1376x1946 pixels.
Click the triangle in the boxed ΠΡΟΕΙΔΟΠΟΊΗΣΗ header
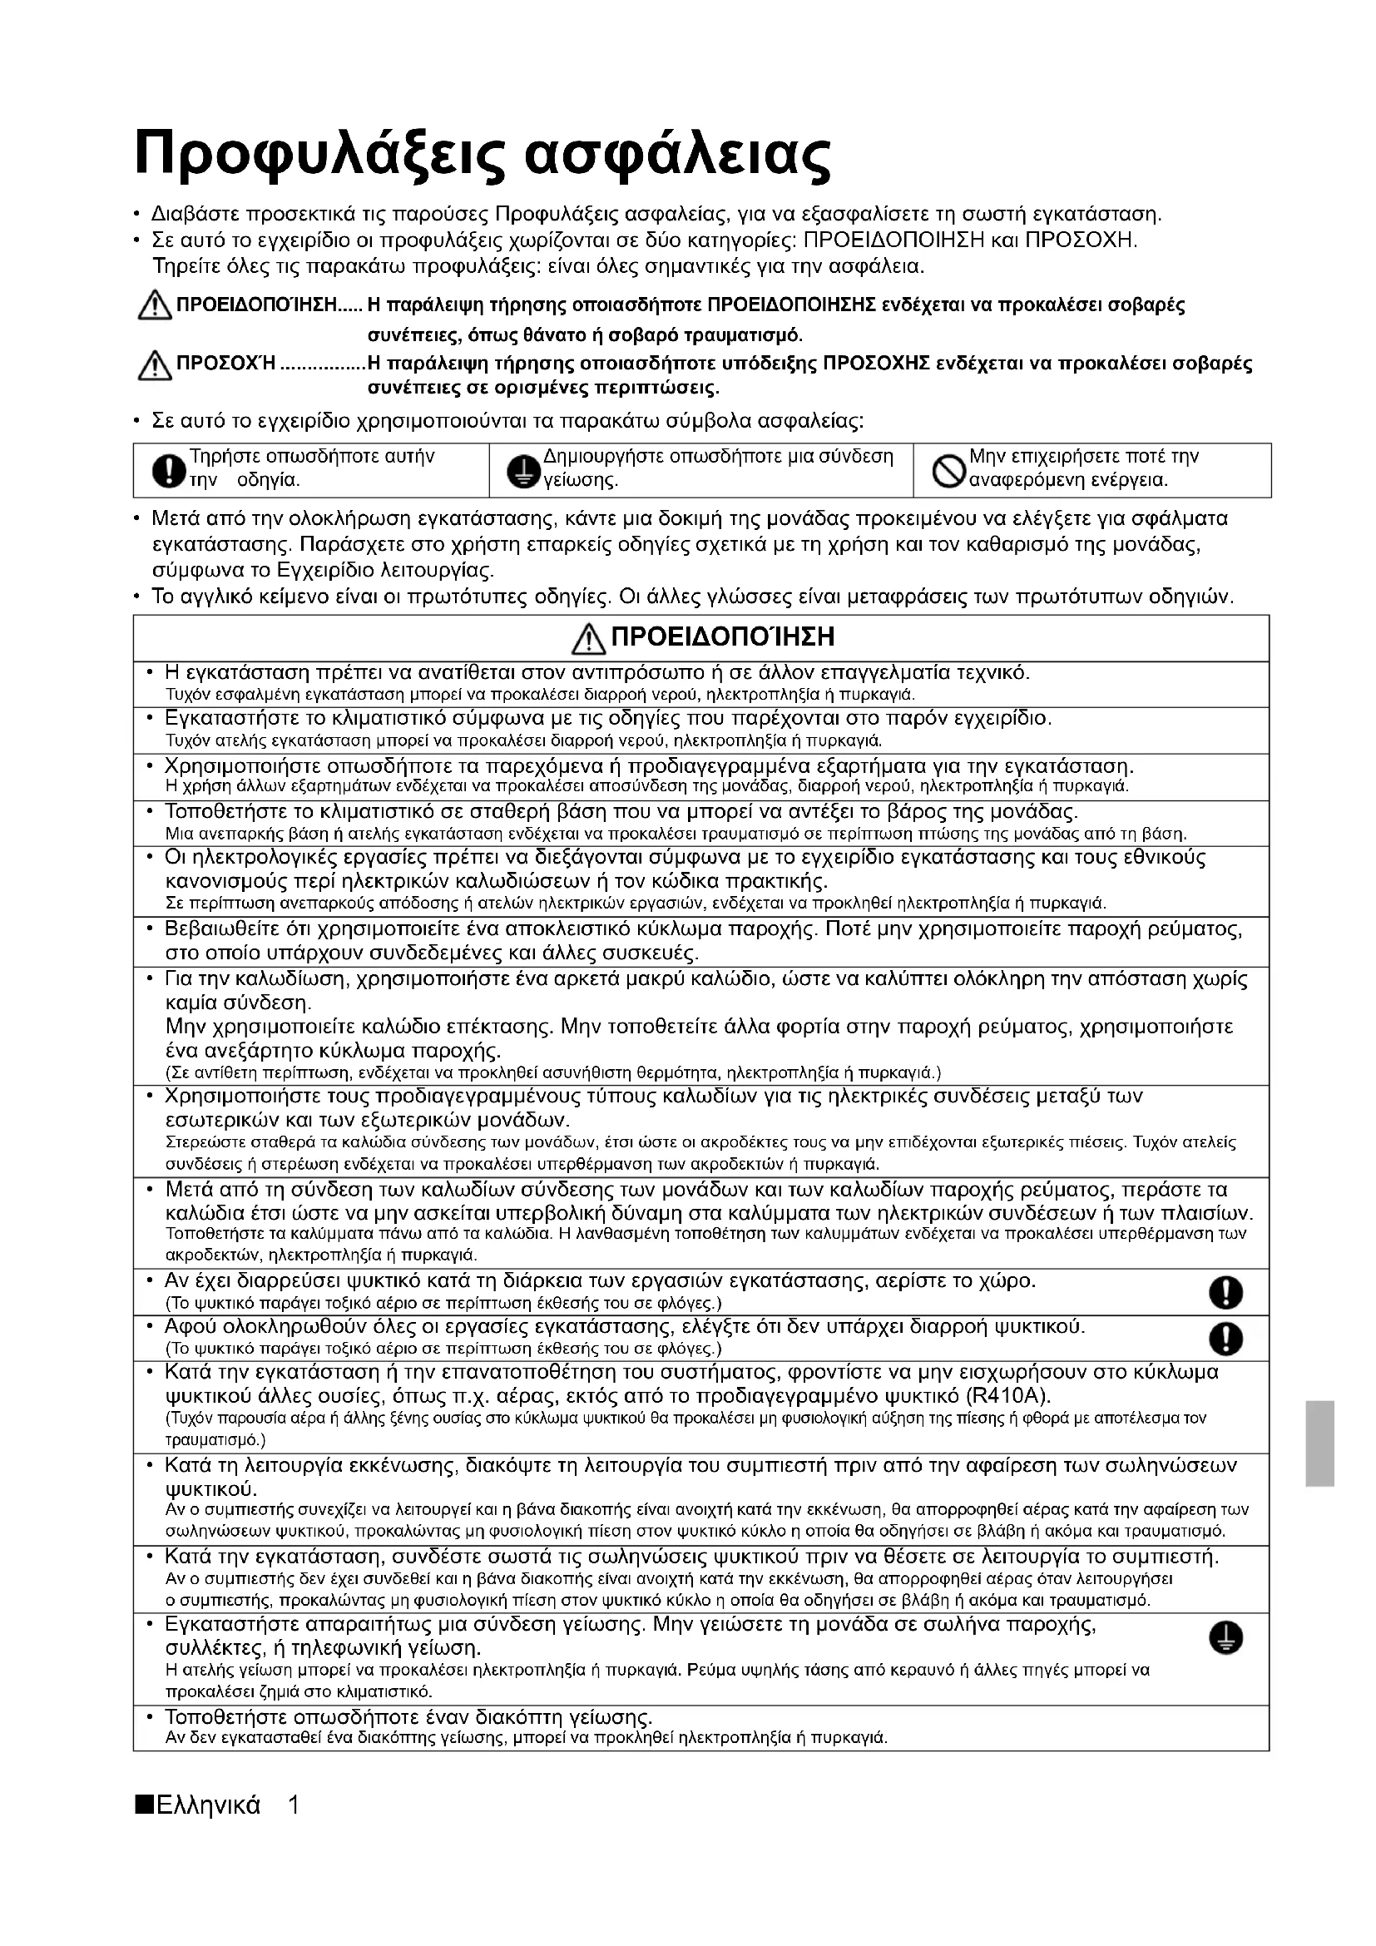585,639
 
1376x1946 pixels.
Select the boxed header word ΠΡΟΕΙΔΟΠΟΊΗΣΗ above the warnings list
722,637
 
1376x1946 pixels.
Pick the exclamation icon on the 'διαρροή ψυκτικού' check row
1225,1339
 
